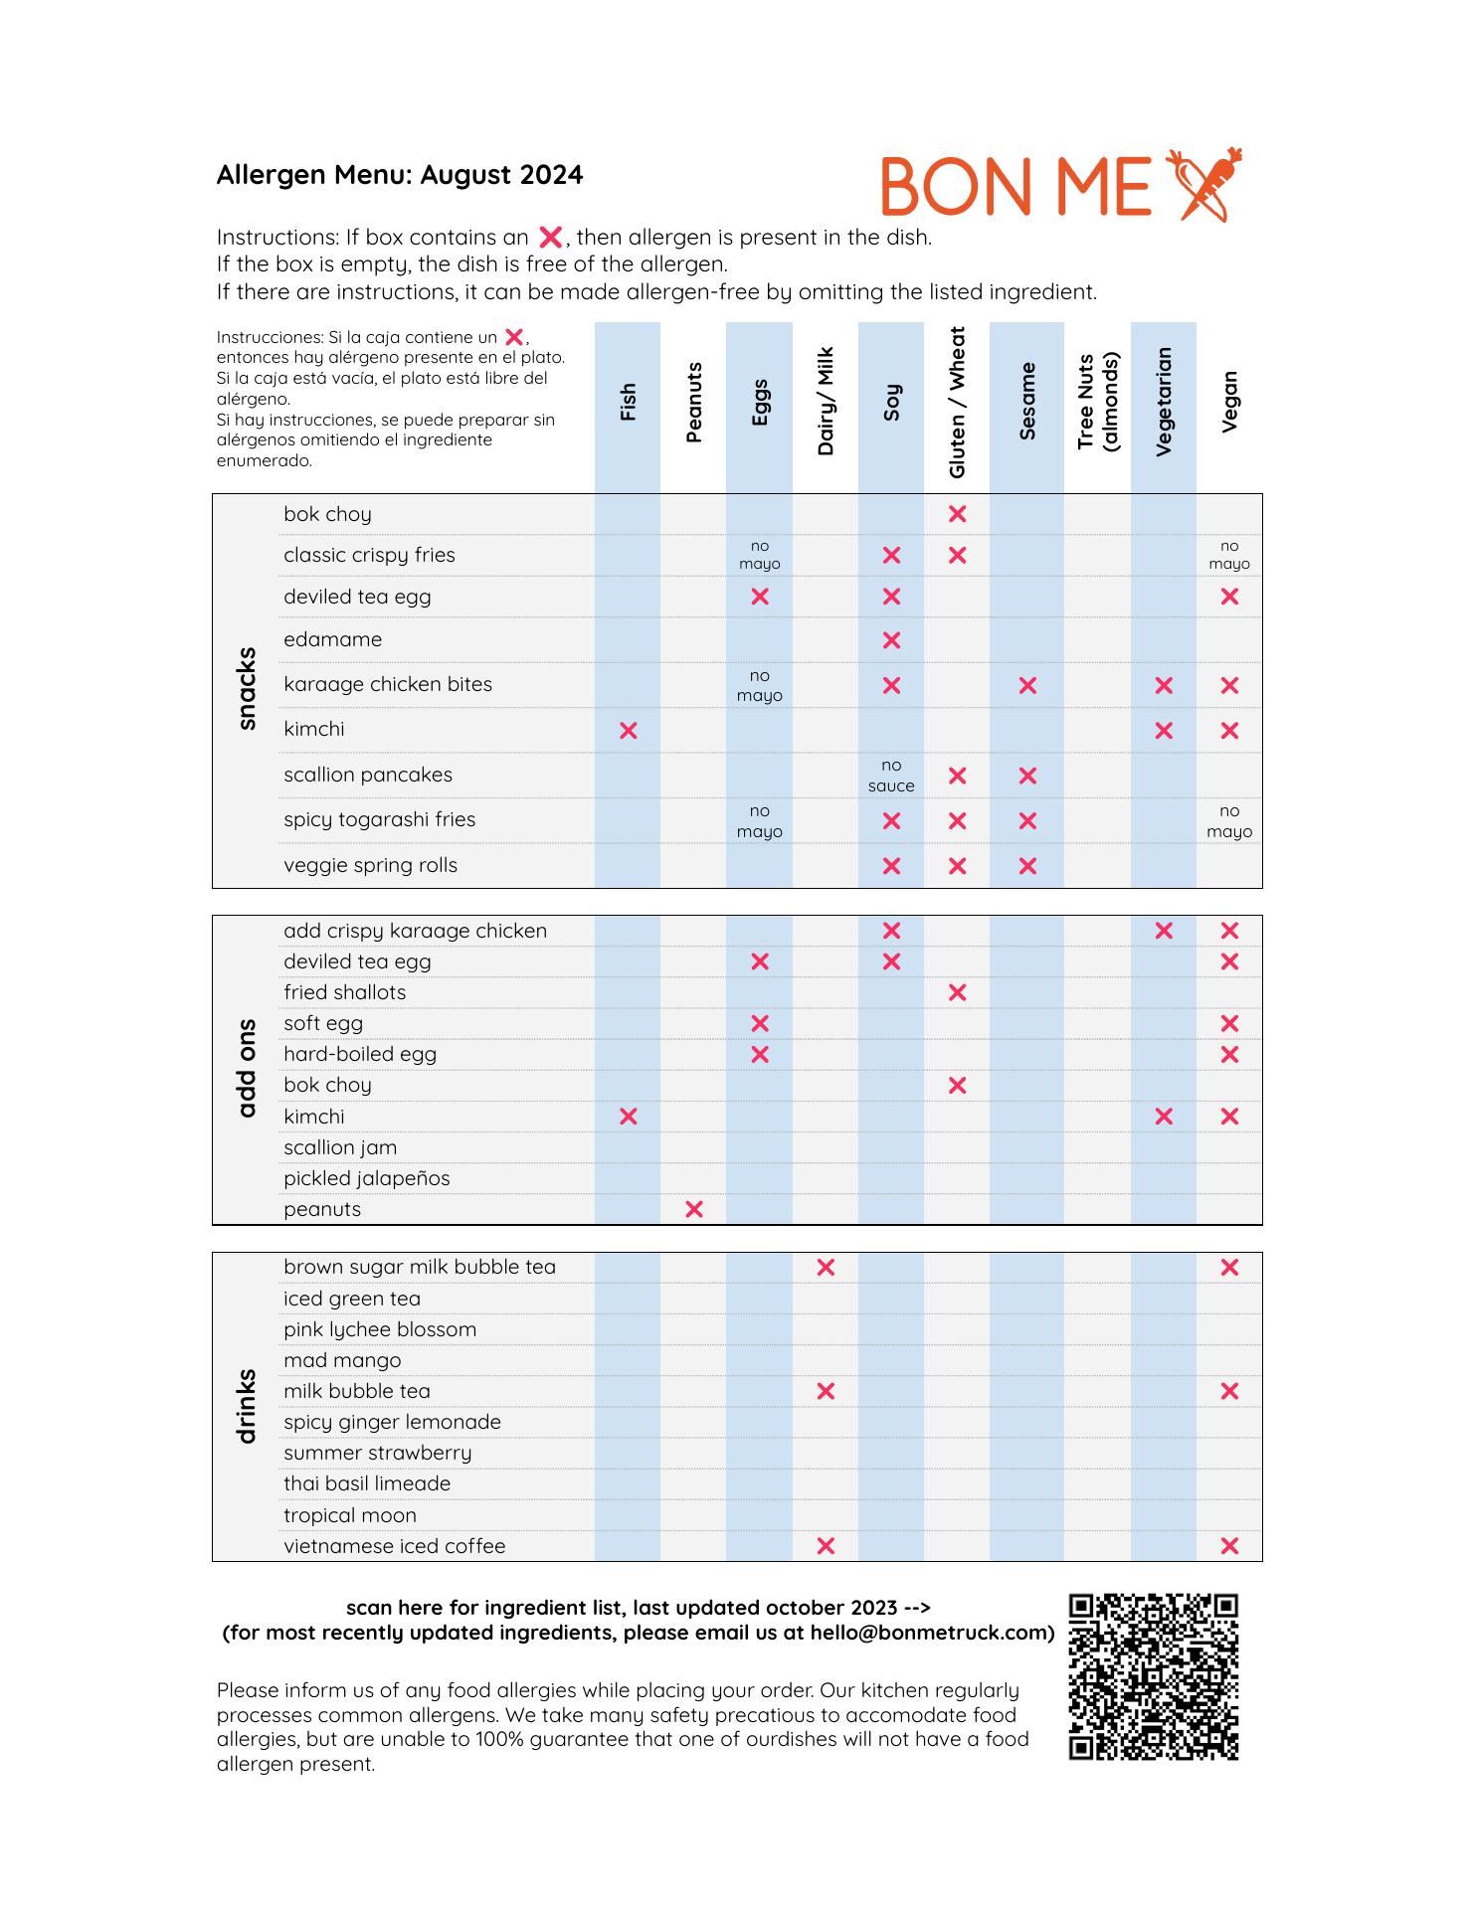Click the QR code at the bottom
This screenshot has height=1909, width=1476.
1153,1677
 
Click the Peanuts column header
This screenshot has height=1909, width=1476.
694,403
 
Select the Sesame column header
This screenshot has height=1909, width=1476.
1027,402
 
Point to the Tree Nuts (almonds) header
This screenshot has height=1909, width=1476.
1097,403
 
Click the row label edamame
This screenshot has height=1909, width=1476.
332,639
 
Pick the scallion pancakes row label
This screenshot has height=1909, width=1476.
367,775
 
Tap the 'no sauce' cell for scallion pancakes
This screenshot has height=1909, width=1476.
891,776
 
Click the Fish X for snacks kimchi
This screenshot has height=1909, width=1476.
628,731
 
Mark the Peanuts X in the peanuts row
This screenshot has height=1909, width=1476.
694,1209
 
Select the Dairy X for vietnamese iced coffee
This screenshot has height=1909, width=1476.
826,1546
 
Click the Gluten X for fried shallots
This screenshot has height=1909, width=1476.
958,992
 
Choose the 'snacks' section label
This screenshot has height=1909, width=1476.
248,689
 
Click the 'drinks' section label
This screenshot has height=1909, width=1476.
248,1406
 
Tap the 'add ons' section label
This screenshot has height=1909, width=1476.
248,1068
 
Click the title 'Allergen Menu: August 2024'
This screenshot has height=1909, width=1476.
400,175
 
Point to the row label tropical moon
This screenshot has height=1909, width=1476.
349,1515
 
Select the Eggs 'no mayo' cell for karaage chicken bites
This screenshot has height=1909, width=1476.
760,686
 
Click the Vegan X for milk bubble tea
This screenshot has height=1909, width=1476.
1229,1391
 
